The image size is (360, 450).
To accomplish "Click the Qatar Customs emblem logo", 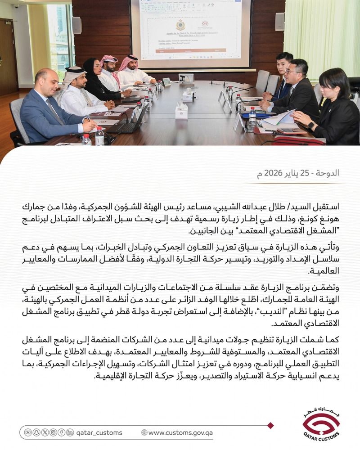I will (x=321, y=423).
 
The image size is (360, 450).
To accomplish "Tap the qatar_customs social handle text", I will (x=99, y=432).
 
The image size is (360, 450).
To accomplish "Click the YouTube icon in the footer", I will (x=28, y=432).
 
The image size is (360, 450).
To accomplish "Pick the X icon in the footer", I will (x=45, y=432).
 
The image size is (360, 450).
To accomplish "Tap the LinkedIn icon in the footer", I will (x=70, y=432).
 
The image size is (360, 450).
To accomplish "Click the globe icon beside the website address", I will (x=144, y=432).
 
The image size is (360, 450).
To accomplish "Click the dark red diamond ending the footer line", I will (x=270, y=425).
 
